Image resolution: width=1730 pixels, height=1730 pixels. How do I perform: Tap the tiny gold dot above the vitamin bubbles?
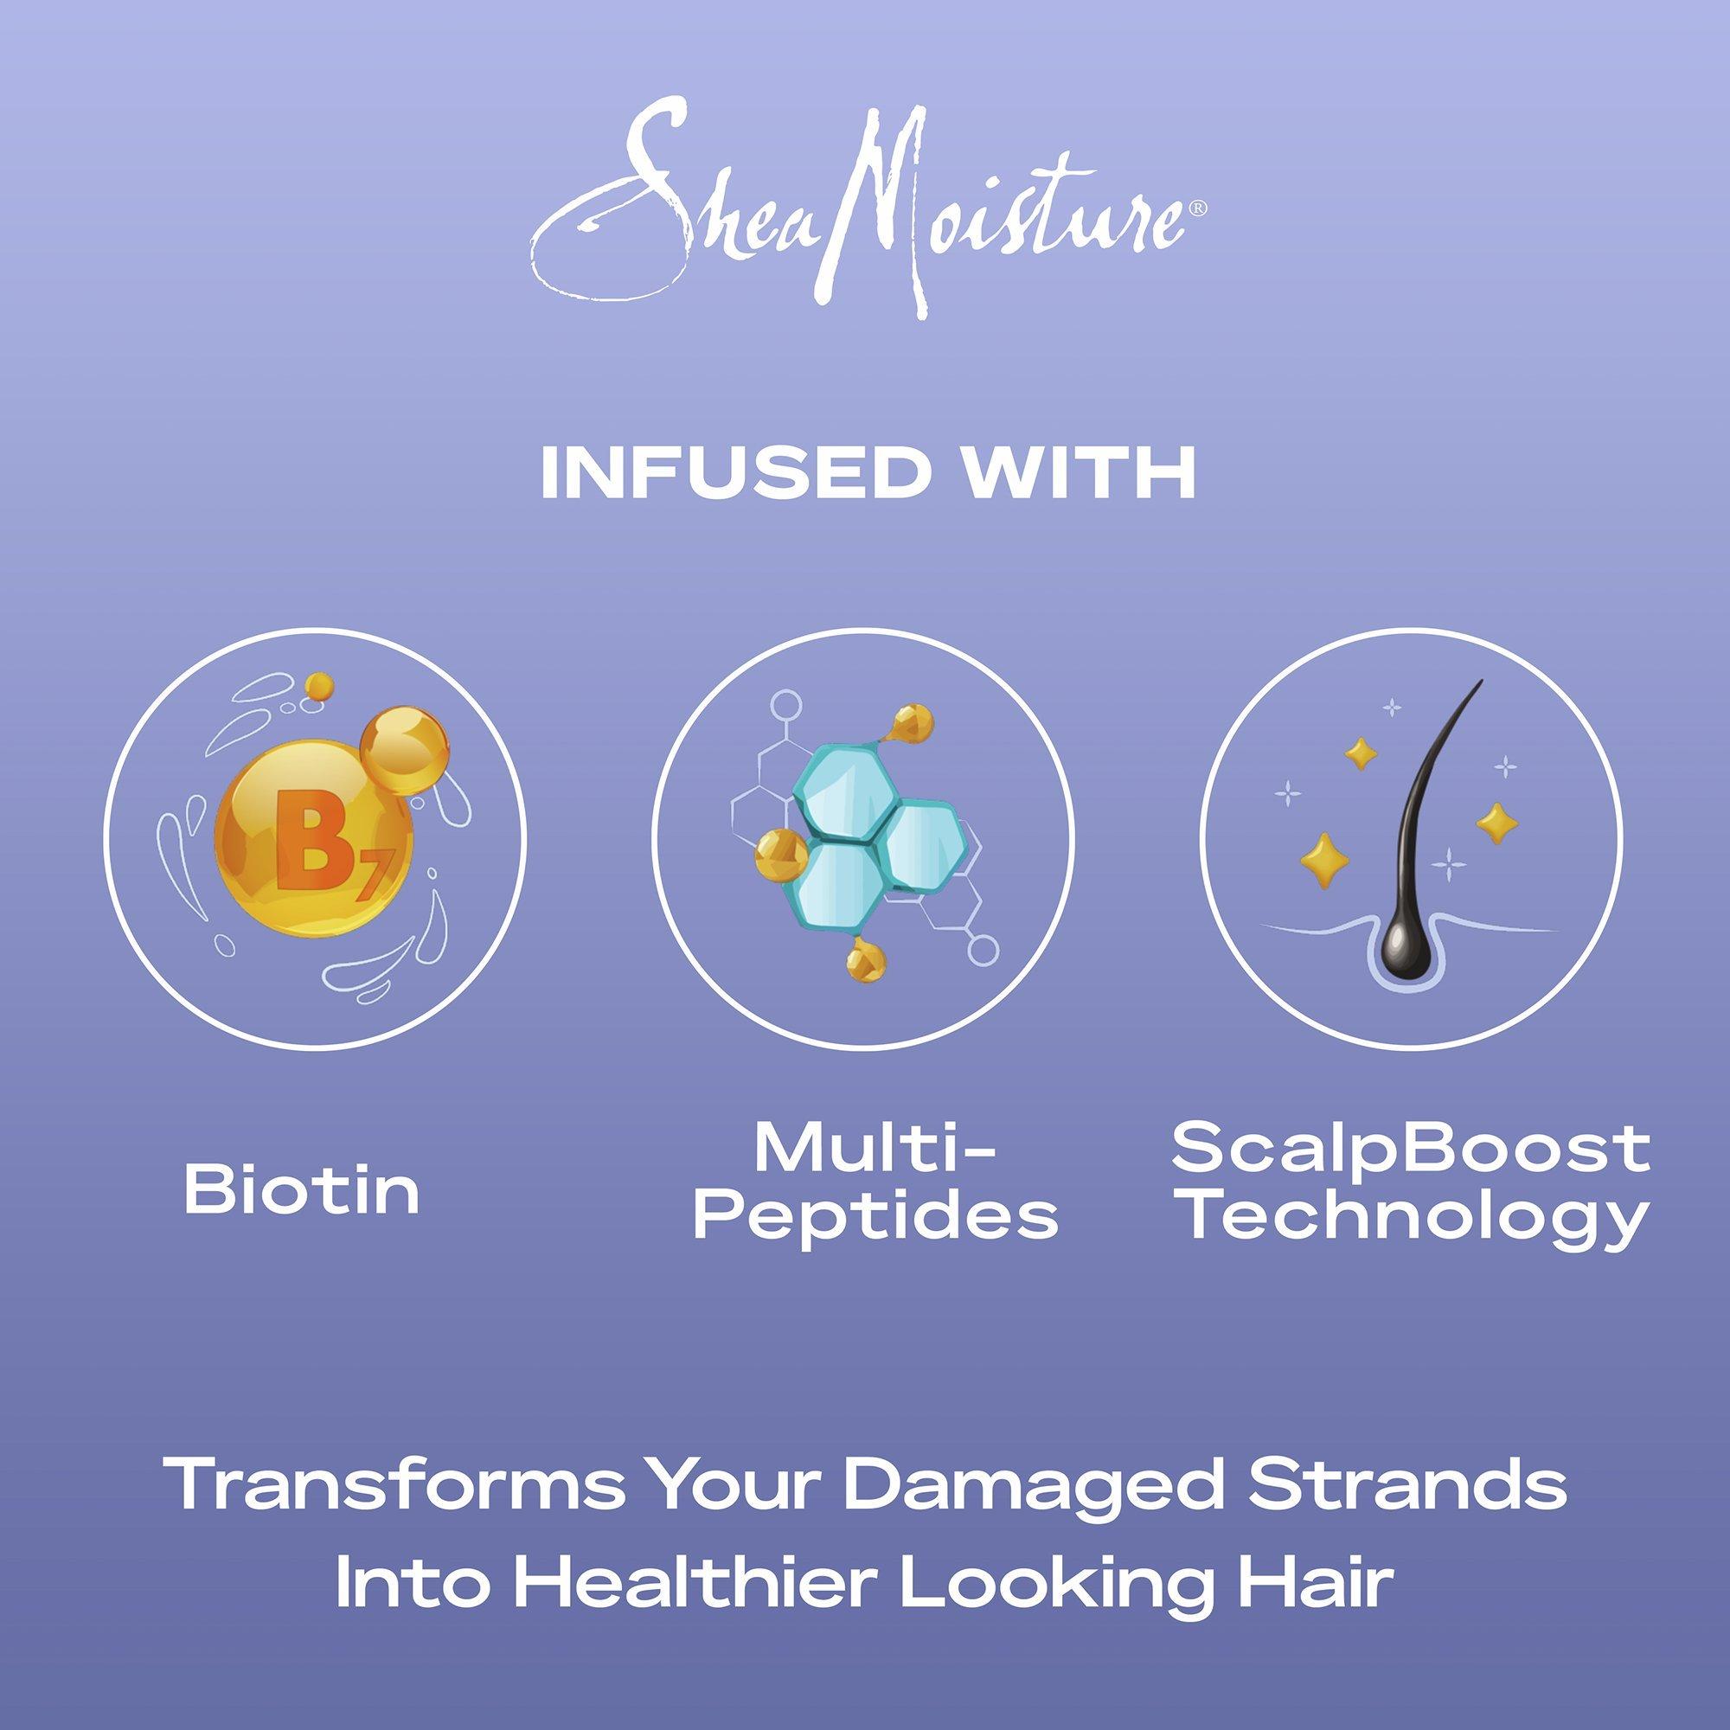coord(317,688)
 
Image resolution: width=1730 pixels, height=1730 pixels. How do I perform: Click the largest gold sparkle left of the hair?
coord(1322,856)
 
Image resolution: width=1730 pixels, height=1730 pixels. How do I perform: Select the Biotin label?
coord(302,1190)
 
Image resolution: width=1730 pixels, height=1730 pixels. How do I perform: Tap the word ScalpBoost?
coord(1411,1150)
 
